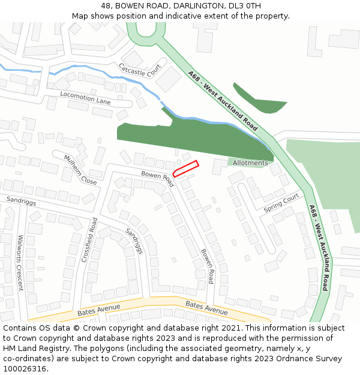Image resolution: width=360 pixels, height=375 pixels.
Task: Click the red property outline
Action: [185, 169]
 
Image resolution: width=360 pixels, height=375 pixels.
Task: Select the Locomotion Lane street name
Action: [85, 97]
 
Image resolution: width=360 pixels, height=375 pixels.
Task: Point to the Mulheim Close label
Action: [80, 170]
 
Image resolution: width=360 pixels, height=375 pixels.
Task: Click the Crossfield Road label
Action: [89, 240]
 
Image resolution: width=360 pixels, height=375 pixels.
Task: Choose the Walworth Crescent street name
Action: [20, 262]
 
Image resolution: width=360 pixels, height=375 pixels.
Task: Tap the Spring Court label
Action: [281, 203]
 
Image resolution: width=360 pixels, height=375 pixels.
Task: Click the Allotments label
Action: [250, 163]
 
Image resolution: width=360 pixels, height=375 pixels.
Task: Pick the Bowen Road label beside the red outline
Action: [157, 178]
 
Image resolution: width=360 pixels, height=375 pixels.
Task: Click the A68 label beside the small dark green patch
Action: [222, 100]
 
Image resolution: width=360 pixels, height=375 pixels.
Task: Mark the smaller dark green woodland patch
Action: [259, 98]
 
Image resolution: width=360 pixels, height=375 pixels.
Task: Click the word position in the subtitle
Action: [134, 16]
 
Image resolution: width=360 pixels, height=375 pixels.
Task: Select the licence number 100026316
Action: [25, 368]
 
